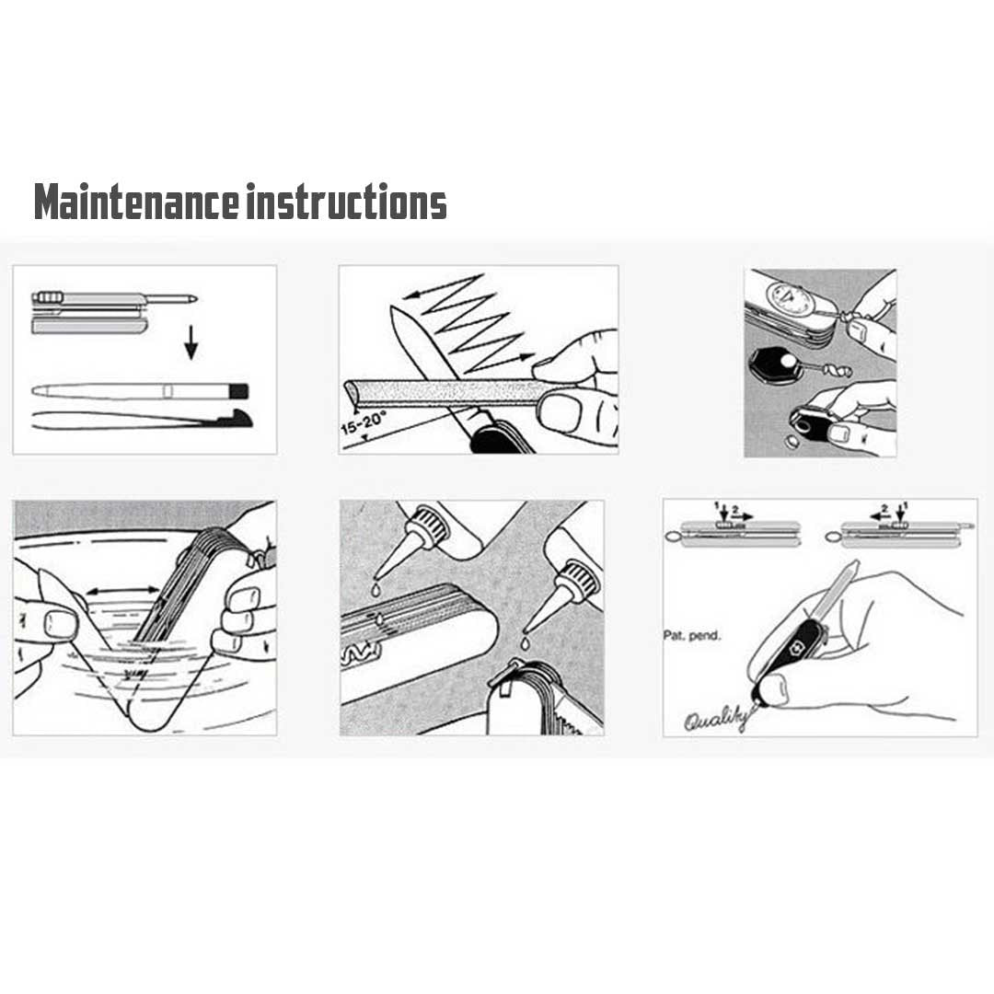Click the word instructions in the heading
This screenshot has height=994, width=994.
tap(347, 202)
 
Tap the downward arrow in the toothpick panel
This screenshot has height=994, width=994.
tap(191, 343)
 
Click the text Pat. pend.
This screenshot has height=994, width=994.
tap(691, 635)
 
